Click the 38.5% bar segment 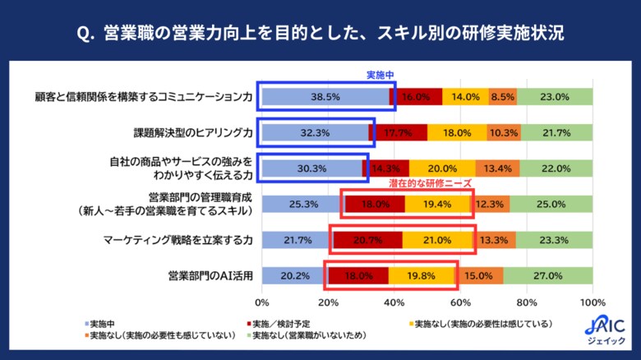(325, 96)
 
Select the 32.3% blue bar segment (315, 132)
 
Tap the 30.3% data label (312, 168)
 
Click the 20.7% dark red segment (368, 240)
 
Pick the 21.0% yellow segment (438, 240)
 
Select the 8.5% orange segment (502, 96)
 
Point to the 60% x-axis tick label (460, 301)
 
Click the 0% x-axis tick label (262, 301)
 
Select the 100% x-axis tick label (592, 301)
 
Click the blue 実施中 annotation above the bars (380, 75)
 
